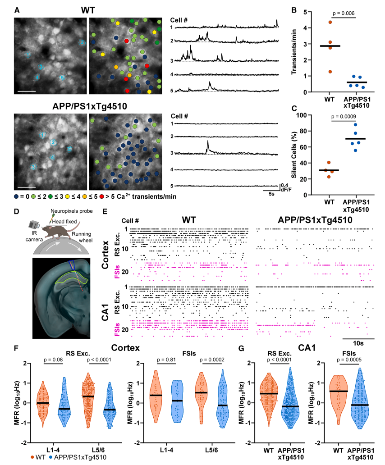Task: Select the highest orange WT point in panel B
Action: point(330,22)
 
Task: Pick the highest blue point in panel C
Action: point(355,125)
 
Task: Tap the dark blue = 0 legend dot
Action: point(17,197)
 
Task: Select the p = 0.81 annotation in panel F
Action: point(166,360)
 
